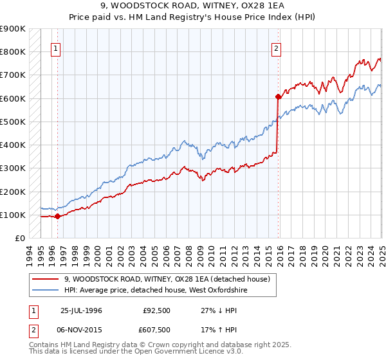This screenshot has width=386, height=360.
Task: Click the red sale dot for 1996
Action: point(57,216)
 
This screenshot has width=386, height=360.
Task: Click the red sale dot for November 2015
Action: point(278,97)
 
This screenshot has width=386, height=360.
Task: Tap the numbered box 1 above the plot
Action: point(56,48)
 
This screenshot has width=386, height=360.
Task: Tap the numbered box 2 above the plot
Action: point(276,48)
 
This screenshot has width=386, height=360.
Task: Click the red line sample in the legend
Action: point(46,279)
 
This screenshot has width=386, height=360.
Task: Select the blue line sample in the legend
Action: point(46,291)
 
